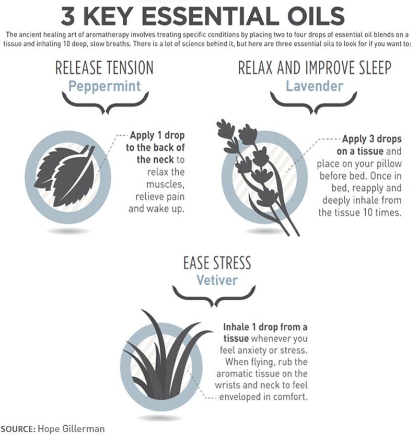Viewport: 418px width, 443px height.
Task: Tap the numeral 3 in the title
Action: tap(68, 16)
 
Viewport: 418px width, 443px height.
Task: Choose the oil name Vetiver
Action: tap(217, 280)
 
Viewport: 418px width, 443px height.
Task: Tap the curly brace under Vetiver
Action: tap(216, 297)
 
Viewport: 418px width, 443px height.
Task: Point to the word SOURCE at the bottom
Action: tap(18, 429)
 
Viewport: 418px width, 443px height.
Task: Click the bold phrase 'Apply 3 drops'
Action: tap(371, 139)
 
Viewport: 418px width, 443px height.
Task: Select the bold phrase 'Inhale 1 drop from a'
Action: tap(265, 327)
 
